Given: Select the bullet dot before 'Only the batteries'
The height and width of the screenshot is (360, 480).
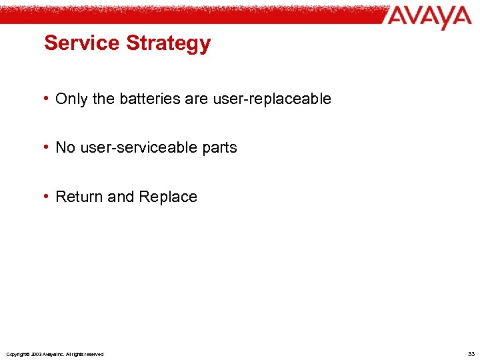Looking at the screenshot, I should (x=47, y=99).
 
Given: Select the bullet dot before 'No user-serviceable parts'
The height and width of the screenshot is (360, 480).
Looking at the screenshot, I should (x=47, y=147).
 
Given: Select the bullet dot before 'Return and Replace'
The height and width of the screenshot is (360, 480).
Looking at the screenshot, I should (x=47, y=197).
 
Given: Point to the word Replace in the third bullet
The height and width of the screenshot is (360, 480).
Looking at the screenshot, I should (x=168, y=197).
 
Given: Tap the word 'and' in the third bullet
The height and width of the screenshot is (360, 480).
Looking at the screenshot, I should (x=121, y=197).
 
